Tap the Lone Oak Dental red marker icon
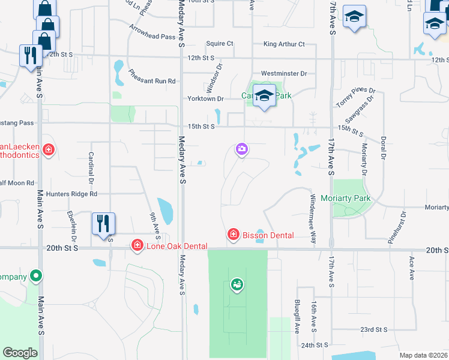pos(137,245)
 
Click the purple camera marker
pos(241,149)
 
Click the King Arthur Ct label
pos(284,44)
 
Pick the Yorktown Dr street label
pos(205,98)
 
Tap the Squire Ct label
pos(219,44)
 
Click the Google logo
pos(20,353)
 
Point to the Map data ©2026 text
pos(423,355)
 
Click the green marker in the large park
pos(237,285)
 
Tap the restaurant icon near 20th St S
pos(103,224)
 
